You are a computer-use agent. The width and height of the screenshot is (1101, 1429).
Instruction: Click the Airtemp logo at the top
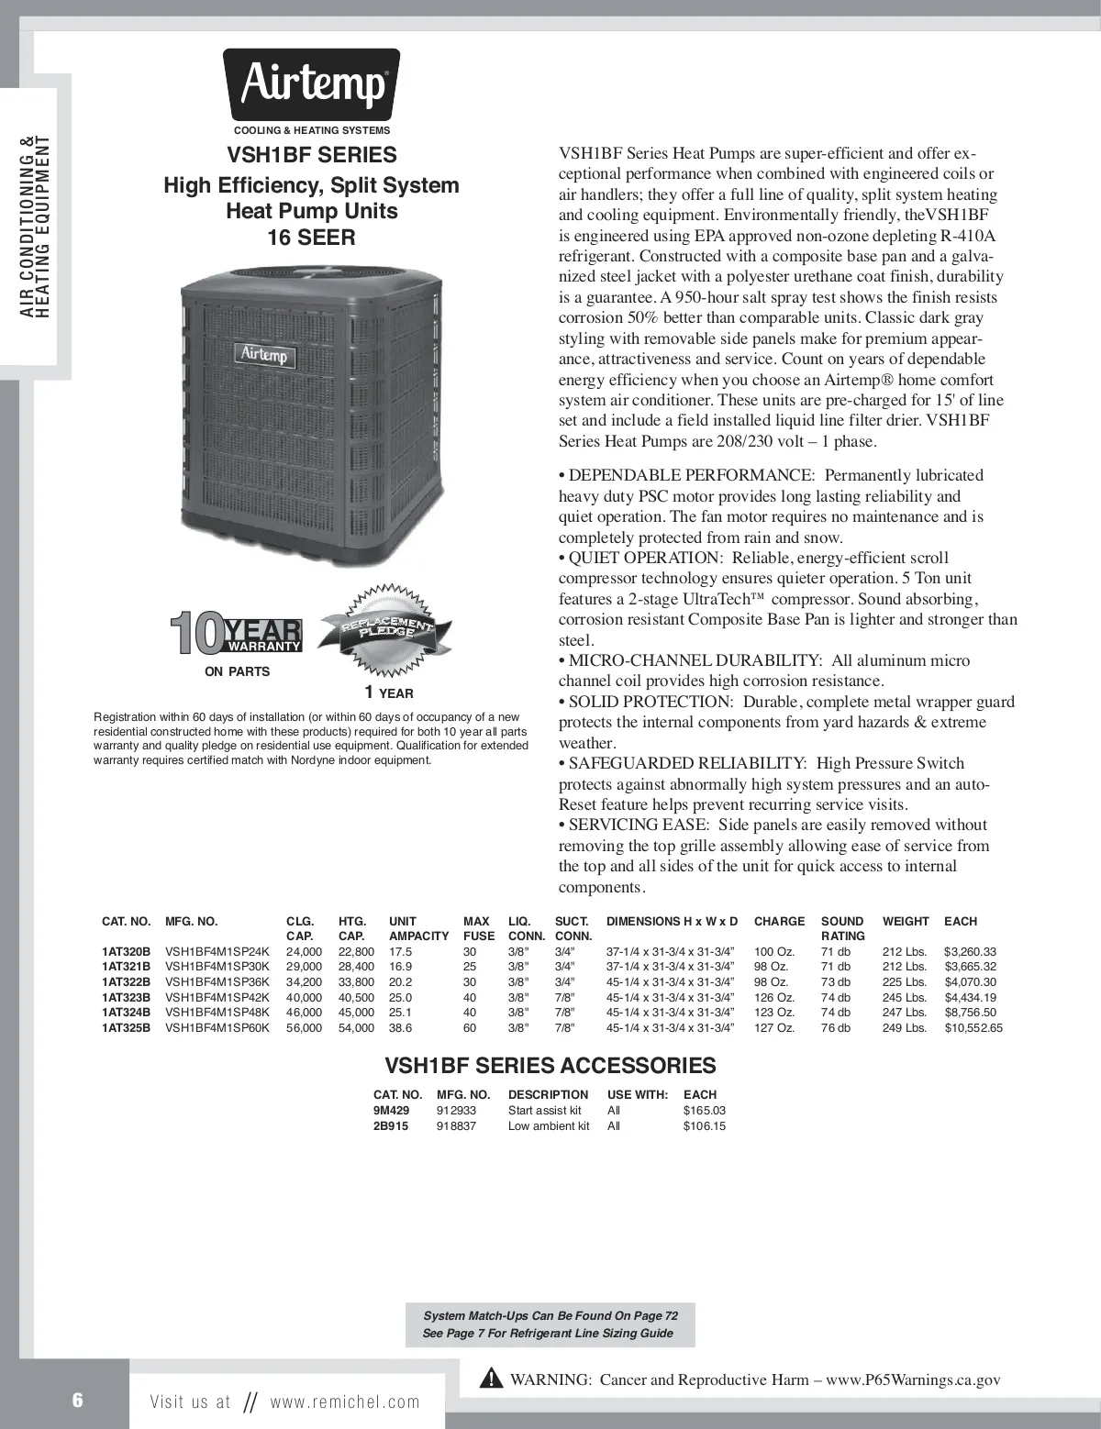[x=312, y=85]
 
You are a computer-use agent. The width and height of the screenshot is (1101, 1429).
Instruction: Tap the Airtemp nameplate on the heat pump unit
[x=264, y=354]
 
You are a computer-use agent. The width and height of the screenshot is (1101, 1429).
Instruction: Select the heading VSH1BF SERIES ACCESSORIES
[x=550, y=1065]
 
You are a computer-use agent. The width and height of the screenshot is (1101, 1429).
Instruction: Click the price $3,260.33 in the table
[x=970, y=952]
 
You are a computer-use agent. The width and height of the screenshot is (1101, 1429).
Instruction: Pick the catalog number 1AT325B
[x=126, y=1028]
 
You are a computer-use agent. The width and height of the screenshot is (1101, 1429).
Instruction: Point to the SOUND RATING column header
[x=842, y=928]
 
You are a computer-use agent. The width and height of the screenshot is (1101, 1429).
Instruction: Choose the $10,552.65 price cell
[x=973, y=1028]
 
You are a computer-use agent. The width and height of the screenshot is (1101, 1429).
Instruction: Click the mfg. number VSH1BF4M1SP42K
[x=217, y=998]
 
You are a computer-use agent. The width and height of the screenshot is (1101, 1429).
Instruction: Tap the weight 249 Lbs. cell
[x=905, y=1028]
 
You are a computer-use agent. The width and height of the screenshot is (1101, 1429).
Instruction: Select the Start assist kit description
[x=545, y=1111]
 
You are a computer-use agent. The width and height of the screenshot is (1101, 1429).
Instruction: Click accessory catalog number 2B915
[x=390, y=1126]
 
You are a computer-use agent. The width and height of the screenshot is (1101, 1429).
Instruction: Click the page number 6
[x=78, y=1400]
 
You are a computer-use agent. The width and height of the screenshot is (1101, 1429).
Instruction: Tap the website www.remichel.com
[x=345, y=1401]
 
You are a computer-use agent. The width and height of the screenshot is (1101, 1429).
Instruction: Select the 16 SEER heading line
[x=311, y=238]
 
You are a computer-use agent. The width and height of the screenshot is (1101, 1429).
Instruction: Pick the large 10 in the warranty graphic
[x=195, y=634]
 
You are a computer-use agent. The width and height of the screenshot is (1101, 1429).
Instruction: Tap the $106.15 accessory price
[x=704, y=1126]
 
